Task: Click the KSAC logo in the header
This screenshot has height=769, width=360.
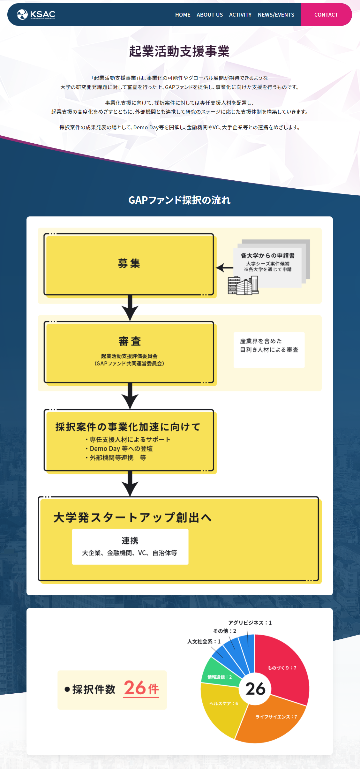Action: [x=36, y=14]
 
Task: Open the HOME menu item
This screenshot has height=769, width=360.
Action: [x=183, y=15]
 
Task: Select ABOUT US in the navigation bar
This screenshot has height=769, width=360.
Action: [x=210, y=15]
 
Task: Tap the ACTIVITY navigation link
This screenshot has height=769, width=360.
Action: [x=240, y=15]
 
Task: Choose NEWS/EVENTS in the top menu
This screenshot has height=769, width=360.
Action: [x=276, y=15]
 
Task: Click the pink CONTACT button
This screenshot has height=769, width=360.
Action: [x=326, y=15]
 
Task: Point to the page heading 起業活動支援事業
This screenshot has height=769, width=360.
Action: [x=179, y=51]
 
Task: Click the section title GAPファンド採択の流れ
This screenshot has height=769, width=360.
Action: [x=179, y=200]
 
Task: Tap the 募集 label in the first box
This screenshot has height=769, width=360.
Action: [x=129, y=264]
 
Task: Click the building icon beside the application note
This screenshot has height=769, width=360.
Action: [x=243, y=286]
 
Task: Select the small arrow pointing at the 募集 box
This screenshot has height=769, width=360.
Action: [x=225, y=268]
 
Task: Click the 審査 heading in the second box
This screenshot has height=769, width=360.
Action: [x=130, y=341]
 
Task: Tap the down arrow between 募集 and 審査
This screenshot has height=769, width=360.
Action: [x=130, y=308]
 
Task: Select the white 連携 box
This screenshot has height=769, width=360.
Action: [x=130, y=547]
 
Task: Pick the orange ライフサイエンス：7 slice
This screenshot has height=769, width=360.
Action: [x=271, y=720]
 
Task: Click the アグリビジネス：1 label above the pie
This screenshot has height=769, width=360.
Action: [x=250, y=623]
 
